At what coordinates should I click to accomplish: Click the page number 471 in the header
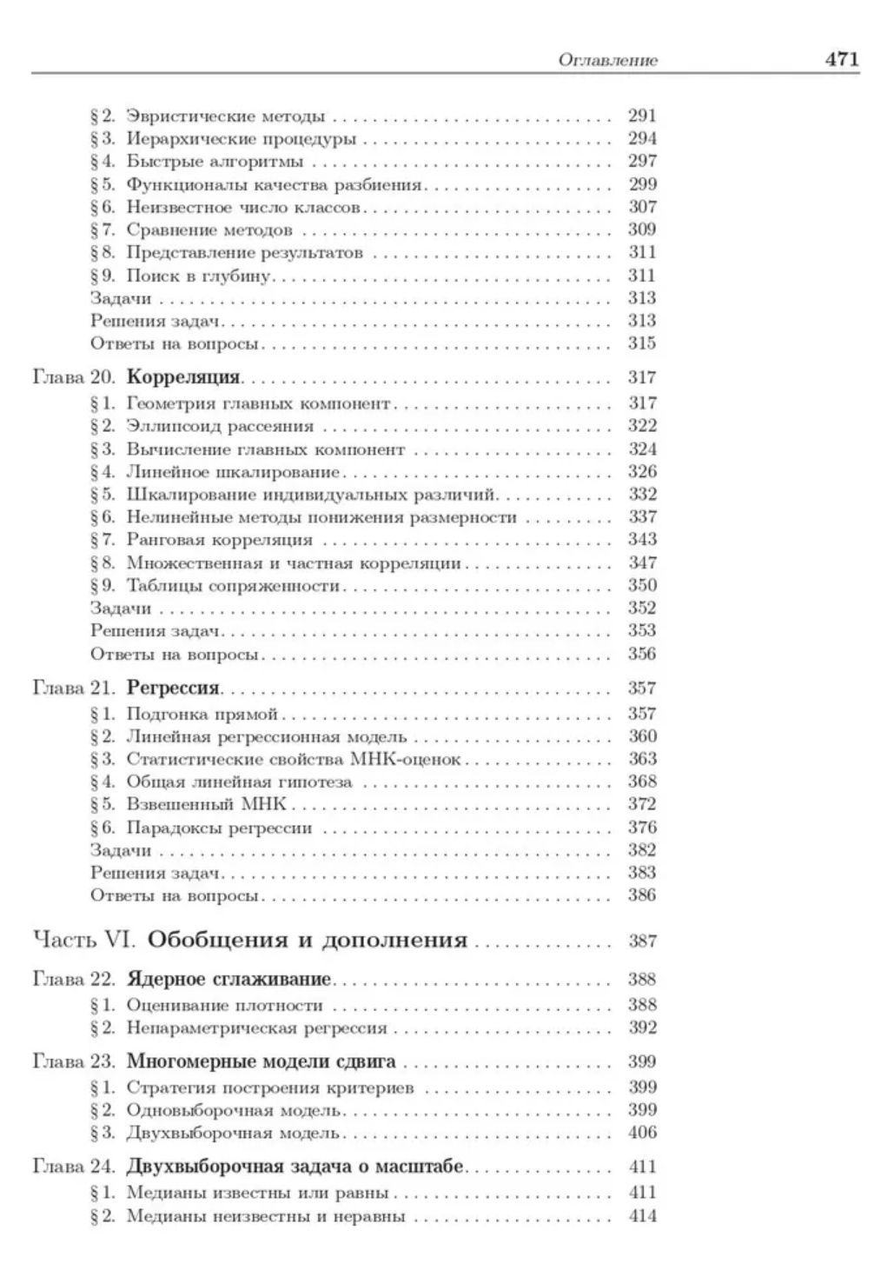[x=841, y=59]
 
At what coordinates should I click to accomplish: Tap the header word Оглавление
[x=607, y=60]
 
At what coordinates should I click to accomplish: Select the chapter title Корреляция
[x=183, y=377]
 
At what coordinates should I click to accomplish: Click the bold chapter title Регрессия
[x=173, y=688]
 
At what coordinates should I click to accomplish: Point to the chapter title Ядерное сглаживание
[x=229, y=979]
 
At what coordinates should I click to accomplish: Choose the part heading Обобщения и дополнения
[x=308, y=940]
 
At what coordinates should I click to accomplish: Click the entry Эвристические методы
[x=226, y=116]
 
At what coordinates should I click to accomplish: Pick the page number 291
[x=642, y=116]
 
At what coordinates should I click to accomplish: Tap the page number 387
[x=642, y=941]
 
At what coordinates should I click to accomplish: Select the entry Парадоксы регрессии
[x=219, y=828]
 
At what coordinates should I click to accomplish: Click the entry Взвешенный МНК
[x=207, y=804]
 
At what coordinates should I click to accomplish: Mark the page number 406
[x=642, y=1133]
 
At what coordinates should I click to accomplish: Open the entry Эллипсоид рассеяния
[x=220, y=426]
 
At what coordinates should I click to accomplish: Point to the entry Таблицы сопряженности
[x=233, y=585]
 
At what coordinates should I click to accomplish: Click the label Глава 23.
[x=74, y=1061]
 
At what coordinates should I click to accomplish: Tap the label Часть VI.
[x=85, y=940]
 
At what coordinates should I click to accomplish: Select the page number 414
[x=642, y=1216]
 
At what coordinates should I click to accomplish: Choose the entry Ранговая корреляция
[x=220, y=540]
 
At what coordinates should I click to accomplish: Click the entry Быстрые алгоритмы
[x=215, y=161]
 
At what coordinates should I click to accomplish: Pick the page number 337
[x=642, y=517]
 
